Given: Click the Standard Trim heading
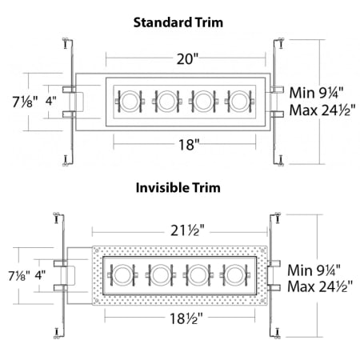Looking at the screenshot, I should click(x=179, y=23).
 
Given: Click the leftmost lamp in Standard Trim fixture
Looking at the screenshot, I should click(x=129, y=101).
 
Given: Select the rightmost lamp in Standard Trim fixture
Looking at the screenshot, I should click(x=238, y=101).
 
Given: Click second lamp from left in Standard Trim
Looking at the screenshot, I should click(x=166, y=101).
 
